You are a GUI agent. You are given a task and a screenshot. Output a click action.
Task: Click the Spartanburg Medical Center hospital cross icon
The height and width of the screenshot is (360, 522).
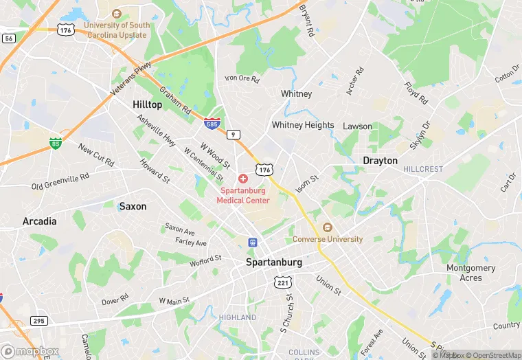(242, 179)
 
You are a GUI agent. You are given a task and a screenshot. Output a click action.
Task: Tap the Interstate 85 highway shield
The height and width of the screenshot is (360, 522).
(55, 144)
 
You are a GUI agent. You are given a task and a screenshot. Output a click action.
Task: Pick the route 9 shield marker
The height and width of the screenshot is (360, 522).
(235, 135)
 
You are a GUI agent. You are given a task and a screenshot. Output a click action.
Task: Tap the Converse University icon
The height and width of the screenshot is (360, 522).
(327, 227)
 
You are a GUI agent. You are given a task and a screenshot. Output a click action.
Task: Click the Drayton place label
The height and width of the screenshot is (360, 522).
(380, 160)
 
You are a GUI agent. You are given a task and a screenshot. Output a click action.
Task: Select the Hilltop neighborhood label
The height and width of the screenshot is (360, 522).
(147, 104)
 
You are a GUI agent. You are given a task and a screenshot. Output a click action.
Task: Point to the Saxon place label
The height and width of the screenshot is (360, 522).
(133, 206)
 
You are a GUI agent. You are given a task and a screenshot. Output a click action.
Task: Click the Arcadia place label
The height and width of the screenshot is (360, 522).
(39, 221)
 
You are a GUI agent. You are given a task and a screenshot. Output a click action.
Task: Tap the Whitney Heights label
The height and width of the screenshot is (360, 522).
(303, 125)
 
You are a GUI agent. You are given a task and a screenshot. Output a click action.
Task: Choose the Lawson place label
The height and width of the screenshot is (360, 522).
(357, 126)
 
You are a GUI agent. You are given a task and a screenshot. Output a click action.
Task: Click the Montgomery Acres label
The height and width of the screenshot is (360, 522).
(470, 273)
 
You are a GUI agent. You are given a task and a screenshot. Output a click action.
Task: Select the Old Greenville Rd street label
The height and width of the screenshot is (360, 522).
(60, 181)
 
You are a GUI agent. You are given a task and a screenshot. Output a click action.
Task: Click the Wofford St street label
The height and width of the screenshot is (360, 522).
(205, 260)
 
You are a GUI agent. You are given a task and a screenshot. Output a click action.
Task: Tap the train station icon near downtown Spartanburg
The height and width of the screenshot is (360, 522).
(253, 243)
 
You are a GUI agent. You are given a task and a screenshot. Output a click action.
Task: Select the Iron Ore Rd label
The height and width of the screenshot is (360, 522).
(242, 79)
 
